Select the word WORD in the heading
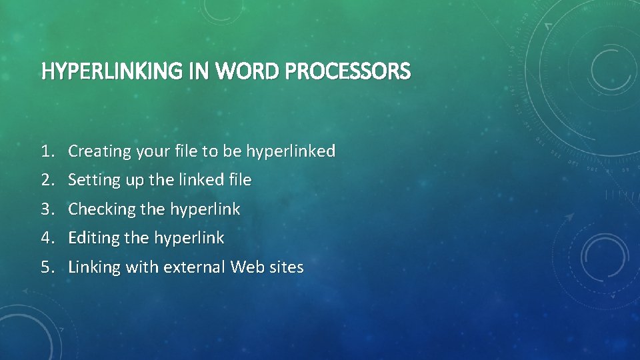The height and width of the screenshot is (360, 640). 249,71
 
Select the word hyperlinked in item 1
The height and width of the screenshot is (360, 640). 290,151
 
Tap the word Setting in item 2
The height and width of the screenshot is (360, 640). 93,180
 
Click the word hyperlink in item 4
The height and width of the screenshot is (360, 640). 189,238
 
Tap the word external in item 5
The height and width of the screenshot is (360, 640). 194,267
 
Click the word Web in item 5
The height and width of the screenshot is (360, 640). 245,267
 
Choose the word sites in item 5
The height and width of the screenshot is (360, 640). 285,267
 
